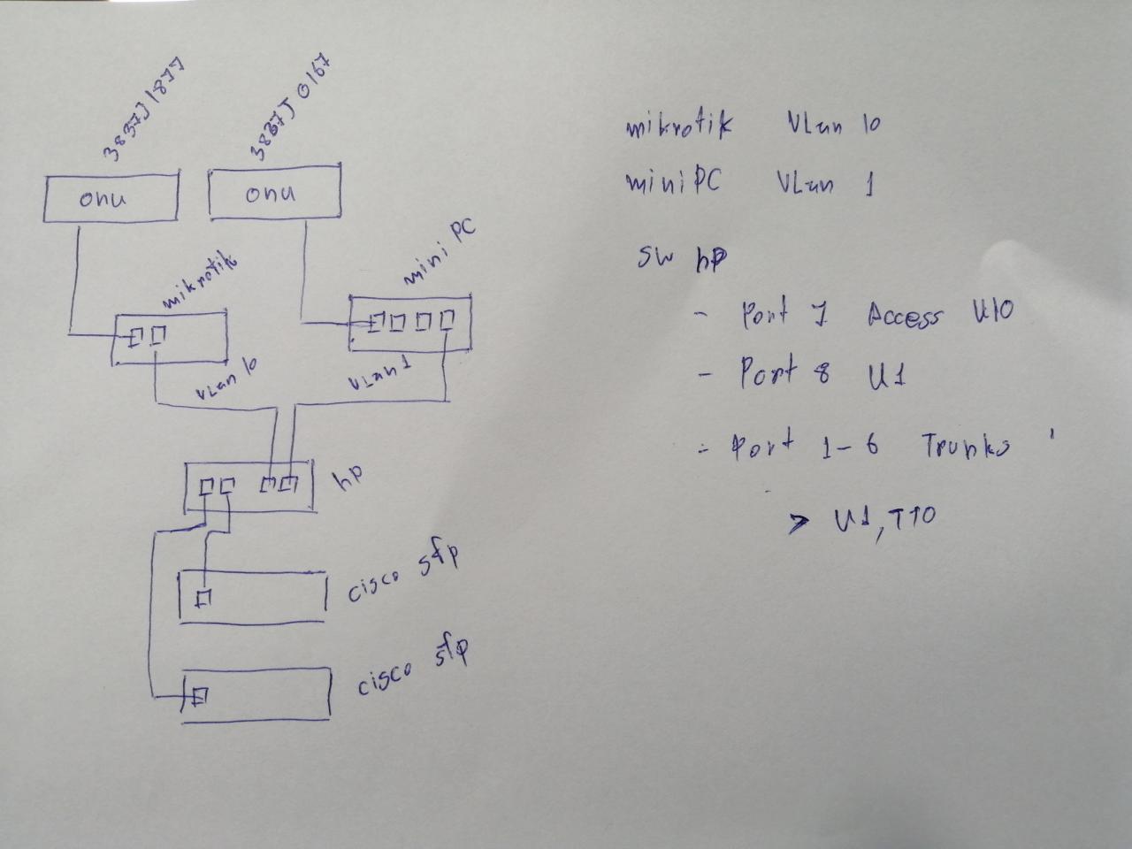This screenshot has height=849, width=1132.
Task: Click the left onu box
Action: pos(111,198)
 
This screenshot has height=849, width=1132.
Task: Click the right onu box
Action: pos(274,194)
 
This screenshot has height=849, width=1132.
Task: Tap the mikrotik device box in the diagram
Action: pos(170,337)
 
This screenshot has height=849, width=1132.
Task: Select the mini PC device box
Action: pos(410,322)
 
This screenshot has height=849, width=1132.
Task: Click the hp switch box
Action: pos(249,486)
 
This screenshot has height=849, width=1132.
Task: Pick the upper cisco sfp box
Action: pos(253,597)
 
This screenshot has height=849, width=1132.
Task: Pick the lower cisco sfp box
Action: pos(256,695)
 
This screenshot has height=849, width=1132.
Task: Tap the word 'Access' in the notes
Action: pos(904,315)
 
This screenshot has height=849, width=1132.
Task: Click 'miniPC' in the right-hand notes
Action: pos(673,182)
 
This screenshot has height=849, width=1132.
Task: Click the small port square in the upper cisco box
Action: pos(203,599)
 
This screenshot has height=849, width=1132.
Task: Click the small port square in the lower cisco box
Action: pos(200,697)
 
